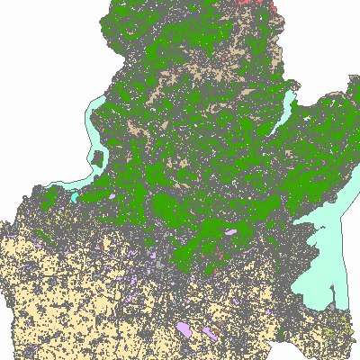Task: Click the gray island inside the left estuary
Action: pyautogui.click(x=95, y=161)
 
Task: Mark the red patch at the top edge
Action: pyautogui.click(x=256, y=5)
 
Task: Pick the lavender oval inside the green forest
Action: pyautogui.click(x=231, y=231)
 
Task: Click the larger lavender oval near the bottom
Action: pyautogui.click(x=184, y=329)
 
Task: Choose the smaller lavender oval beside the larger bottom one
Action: pyautogui.click(x=212, y=332)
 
